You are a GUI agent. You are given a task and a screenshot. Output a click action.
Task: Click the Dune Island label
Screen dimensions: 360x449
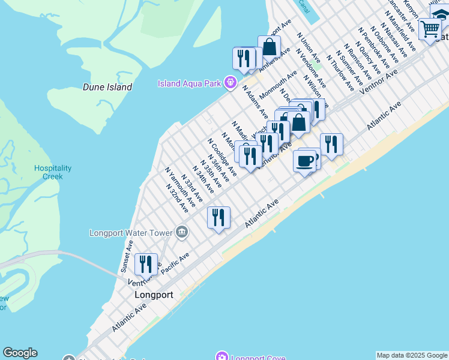coord(107,87)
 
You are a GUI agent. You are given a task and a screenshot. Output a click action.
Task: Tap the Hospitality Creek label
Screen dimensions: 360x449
coord(52,172)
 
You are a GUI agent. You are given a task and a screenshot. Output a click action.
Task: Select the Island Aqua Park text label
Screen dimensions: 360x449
coord(189,83)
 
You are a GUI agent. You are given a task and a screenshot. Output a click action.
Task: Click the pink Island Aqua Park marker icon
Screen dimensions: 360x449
coord(230,83)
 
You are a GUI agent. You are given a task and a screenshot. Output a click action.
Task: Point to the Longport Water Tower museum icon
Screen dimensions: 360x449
coord(182,232)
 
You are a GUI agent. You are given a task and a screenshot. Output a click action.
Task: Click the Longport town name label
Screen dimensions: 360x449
coord(154,295)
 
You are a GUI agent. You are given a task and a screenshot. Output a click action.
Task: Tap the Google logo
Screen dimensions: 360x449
coord(20,353)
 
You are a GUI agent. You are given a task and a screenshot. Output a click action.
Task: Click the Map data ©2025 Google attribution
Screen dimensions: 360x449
coord(412,355)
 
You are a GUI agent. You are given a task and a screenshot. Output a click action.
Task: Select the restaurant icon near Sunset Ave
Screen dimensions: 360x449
coord(145,263)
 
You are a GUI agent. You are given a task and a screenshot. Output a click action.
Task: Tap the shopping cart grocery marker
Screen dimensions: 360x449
coord(430,28)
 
